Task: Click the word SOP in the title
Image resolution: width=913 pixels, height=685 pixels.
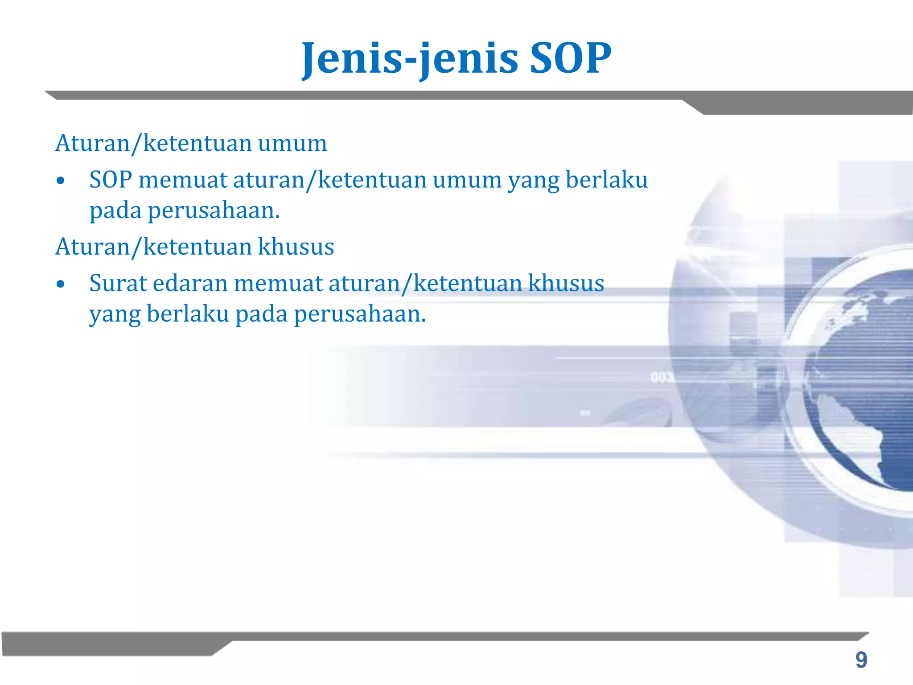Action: [x=570, y=58]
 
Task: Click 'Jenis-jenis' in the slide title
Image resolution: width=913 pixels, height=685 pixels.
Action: [x=410, y=58]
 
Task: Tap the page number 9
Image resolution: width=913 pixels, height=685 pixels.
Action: [x=861, y=660]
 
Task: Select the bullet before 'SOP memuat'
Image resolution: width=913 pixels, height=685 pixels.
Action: [x=61, y=181]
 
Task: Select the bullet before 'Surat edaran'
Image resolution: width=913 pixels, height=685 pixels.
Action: [x=61, y=285]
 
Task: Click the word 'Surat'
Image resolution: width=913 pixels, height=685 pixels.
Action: [x=118, y=284]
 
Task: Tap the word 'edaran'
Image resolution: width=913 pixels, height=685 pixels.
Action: [x=190, y=284]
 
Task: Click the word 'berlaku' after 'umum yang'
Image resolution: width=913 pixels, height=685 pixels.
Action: [x=606, y=180]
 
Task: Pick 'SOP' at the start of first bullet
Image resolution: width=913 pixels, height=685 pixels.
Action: [x=111, y=180]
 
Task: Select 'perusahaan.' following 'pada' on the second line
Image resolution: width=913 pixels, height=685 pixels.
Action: [x=214, y=211]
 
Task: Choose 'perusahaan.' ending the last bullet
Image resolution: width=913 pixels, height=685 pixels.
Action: [x=360, y=314]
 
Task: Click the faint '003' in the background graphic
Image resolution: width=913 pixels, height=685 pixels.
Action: [x=661, y=378]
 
